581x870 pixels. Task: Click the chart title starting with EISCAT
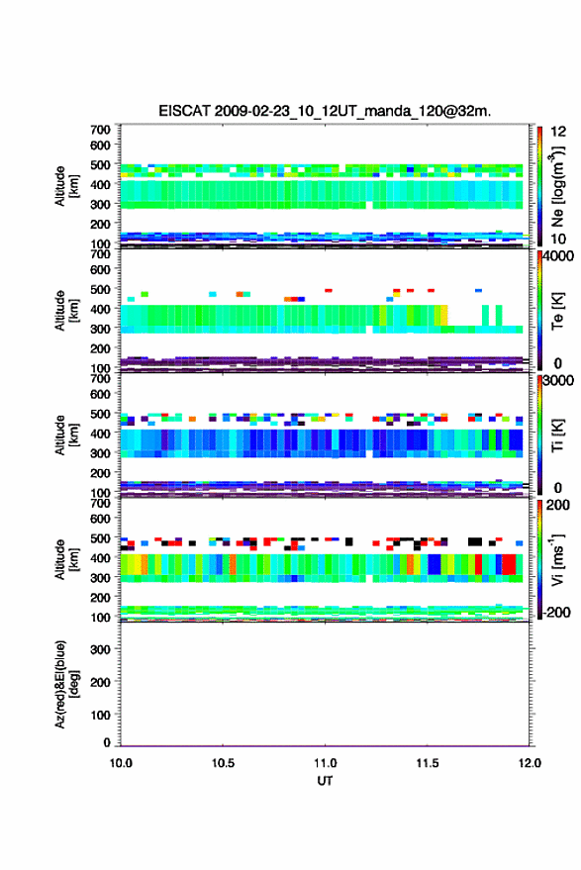click(325, 111)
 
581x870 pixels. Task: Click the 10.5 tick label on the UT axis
click(223, 763)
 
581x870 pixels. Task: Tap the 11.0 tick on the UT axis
click(326, 763)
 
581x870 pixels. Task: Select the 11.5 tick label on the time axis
click(428, 763)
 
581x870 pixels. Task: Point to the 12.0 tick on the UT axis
click(530, 763)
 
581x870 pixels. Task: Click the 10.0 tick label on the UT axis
click(121, 763)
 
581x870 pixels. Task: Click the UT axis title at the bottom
click(326, 781)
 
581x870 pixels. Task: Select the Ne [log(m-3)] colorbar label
click(557, 186)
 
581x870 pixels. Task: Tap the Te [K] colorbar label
click(557, 311)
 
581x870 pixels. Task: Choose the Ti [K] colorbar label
click(557, 435)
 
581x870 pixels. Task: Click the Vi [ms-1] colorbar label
click(557, 560)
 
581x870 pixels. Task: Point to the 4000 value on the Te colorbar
click(559, 256)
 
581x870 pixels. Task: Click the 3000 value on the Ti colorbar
click(559, 381)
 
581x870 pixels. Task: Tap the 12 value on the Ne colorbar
click(559, 132)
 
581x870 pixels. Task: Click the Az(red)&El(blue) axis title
click(67, 684)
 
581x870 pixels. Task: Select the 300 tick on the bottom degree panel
click(100, 649)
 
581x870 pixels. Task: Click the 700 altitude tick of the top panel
click(100, 130)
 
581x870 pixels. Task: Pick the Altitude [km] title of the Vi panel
click(67, 560)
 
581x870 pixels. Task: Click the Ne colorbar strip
click(539, 186)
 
